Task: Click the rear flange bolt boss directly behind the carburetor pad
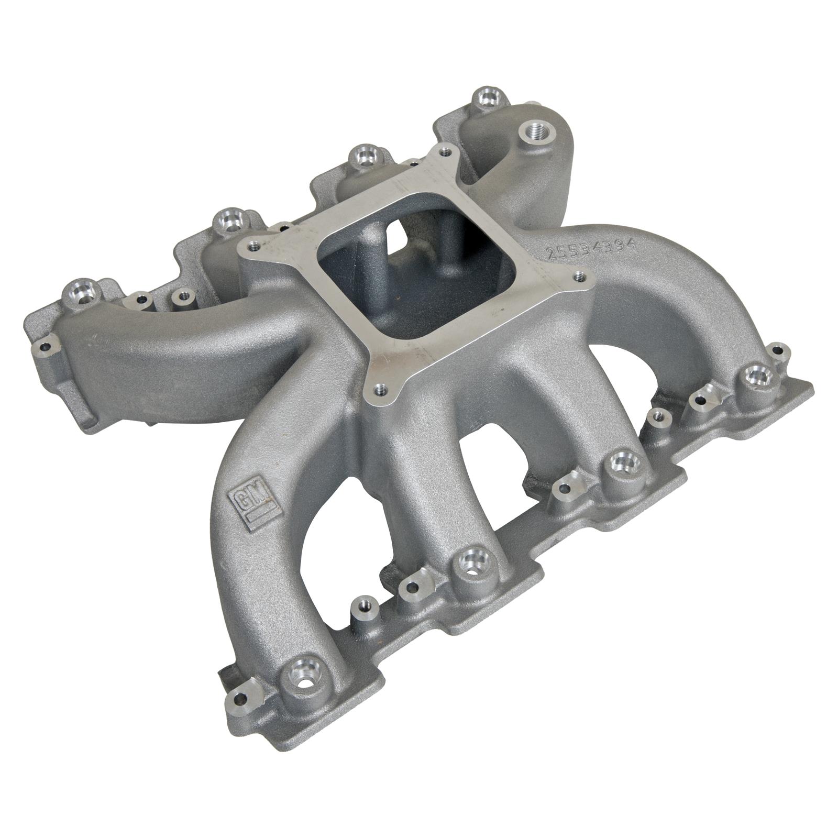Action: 363,156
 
